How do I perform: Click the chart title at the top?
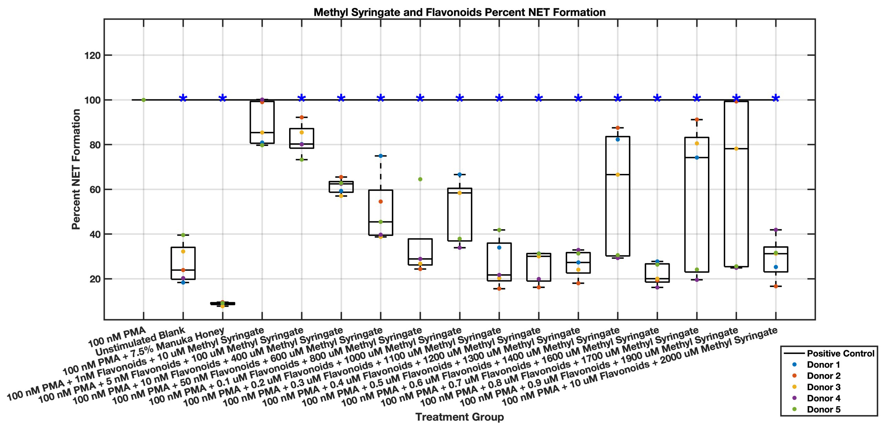point(459,12)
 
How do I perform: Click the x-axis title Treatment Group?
point(459,417)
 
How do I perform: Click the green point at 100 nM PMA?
point(144,100)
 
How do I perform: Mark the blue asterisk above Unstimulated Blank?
point(183,99)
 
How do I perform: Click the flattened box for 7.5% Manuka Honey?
point(223,304)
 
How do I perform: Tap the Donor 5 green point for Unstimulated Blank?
point(183,235)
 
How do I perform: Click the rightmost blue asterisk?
point(776,99)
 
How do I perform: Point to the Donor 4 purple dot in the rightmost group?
point(776,230)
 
